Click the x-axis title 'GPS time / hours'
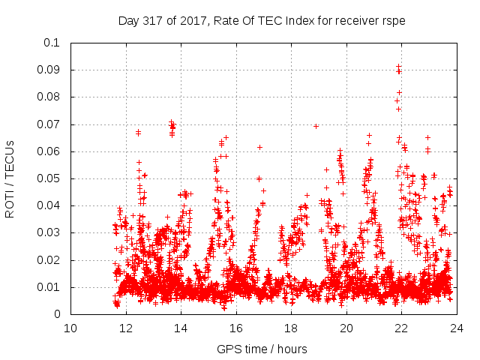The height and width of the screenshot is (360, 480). (x=262, y=349)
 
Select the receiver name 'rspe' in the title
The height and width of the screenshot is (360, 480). (x=394, y=21)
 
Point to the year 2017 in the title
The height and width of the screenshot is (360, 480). (x=189, y=21)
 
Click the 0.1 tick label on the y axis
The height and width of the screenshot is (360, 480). (x=52, y=43)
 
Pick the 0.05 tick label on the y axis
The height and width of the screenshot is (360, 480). (x=49, y=178)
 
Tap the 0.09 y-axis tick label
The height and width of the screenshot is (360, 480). (x=49, y=70)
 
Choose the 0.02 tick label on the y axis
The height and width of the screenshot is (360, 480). (x=49, y=260)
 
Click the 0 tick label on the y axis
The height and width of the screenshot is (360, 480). (x=58, y=314)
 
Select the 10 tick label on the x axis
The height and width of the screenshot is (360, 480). (x=70, y=328)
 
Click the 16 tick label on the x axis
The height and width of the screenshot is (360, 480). (x=236, y=328)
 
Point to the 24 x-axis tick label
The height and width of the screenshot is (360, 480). (x=457, y=328)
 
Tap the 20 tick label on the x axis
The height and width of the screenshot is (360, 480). (x=346, y=328)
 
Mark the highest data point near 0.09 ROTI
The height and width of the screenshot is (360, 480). (x=398, y=67)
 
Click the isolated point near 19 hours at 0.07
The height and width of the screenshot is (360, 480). (x=316, y=126)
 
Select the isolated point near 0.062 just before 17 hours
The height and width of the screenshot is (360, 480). (x=259, y=147)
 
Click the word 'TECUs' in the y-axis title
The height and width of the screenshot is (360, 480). (x=10, y=159)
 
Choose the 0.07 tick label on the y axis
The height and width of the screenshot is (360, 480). (x=49, y=124)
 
